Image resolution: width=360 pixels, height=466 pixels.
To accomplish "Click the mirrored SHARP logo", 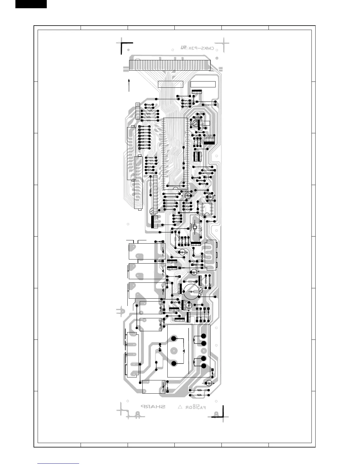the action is pyautogui.click(x=153, y=407).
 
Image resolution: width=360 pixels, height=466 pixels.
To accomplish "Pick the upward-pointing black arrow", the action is pyautogui.click(x=129, y=85).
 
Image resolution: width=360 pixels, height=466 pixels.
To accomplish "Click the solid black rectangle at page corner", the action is pyautogui.click(x=31, y=4).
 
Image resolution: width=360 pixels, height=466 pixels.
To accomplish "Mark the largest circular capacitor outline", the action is pyautogui.click(x=192, y=291).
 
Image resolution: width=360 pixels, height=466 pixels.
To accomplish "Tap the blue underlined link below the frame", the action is pyautogui.click(x=58, y=464).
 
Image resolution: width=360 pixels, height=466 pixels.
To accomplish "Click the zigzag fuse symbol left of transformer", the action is pyautogui.click(x=160, y=347).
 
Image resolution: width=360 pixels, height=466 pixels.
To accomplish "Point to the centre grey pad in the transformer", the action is pyautogui.click(x=174, y=351).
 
